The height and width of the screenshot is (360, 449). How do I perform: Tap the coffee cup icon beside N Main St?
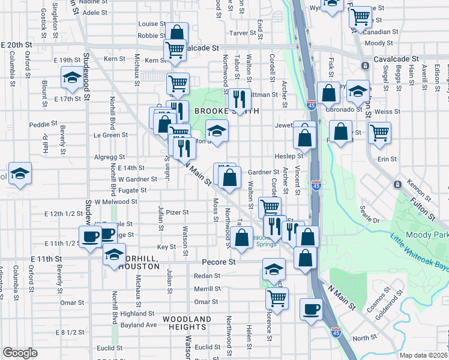pos(310,310)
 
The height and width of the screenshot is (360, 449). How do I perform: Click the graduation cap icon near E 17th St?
pos(72,77)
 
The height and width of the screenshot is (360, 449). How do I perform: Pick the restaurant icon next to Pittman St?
pos(240,98)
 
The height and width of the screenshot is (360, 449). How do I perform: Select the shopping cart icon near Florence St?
pos(277,297)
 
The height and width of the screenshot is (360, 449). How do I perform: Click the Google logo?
pos(20,353)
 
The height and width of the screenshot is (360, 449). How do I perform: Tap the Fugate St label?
pos(131,190)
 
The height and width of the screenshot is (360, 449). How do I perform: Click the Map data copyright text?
pos(424,355)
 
